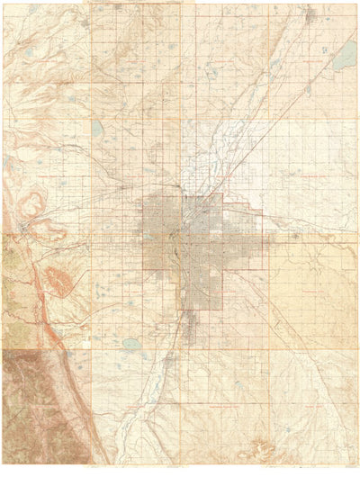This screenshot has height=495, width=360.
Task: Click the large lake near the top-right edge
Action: [x=343, y=58]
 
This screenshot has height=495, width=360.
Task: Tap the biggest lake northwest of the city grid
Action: [x=97, y=129]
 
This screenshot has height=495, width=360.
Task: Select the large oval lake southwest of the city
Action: [x=132, y=343]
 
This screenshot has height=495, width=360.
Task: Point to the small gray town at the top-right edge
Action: [x=310, y=14]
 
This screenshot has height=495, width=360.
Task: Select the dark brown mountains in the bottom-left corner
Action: [x=36, y=405]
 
